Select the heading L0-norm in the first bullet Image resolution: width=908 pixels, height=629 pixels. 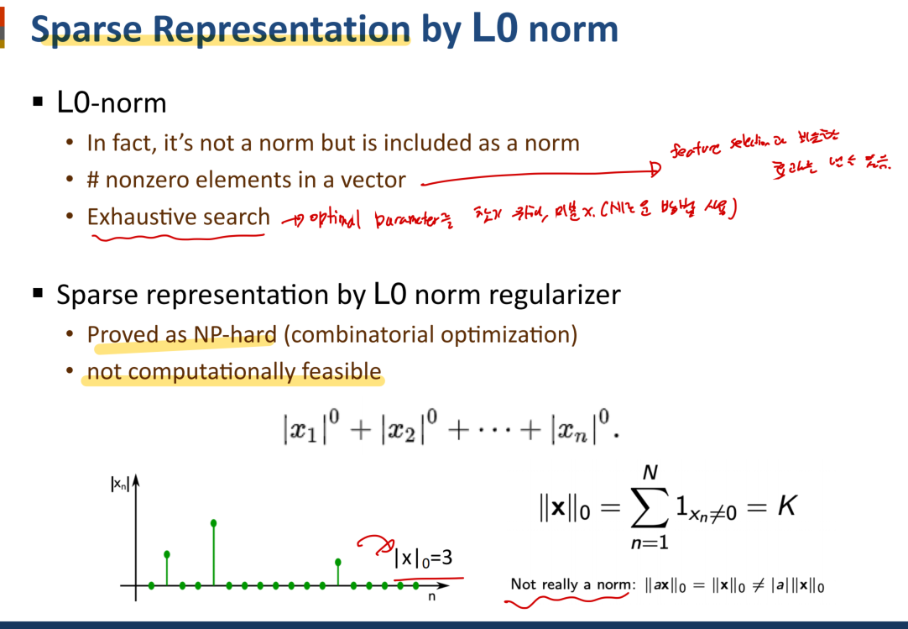(112, 103)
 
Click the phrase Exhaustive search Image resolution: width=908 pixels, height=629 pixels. (178, 217)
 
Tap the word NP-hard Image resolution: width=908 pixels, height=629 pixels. (234, 334)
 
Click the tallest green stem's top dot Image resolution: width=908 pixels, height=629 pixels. (214, 523)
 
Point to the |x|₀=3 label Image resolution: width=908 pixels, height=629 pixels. (423, 557)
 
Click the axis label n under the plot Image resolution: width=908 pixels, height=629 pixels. (431, 596)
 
